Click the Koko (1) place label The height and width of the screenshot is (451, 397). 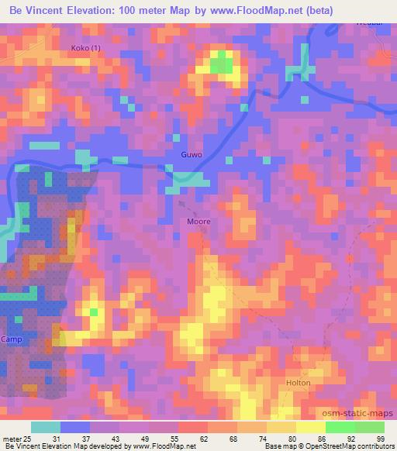pyautogui.click(x=86, y=48)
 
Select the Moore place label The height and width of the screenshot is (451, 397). pyautogui.click(x=198, y=221)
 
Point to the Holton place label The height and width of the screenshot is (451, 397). pyautogui.click(x=299, y=383)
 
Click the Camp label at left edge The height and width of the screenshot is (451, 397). pyautogui.click(x=12, y=340)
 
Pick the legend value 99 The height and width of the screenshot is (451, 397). pyautogui.click(x=380, y=439)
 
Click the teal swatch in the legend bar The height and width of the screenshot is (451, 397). pyautogui.click(x=46, y=427)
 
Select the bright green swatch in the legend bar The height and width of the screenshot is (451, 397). pyautogui.click(x=340, y=427)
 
